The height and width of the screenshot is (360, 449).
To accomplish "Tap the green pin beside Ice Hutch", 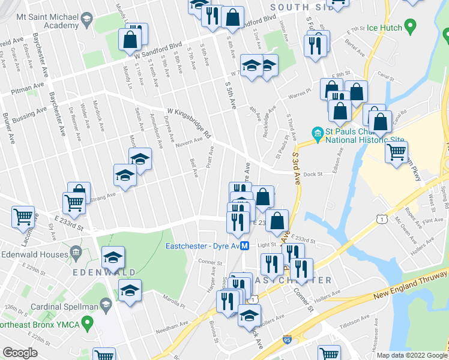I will (x=411, y=26).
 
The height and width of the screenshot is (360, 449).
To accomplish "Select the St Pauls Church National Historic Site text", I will (x=357, y=137).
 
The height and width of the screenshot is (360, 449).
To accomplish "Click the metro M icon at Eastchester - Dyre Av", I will (x=245, y=245).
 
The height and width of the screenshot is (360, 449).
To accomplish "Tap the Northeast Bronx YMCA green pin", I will (x=88, y=324).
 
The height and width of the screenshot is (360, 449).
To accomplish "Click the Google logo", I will (x=20, y=353).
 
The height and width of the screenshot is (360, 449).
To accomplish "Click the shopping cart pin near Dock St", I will (x=396, y=152).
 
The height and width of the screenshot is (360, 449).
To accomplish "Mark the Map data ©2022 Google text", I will (x=409, y=355).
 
